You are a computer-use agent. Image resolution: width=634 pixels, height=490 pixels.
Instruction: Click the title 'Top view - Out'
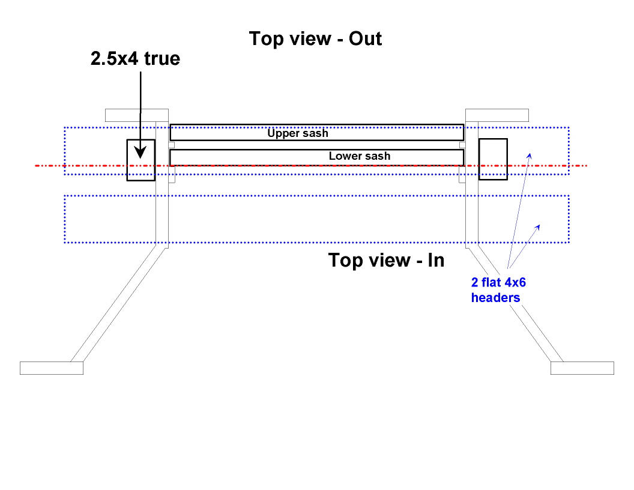pyautogui.click(x=316, y=39)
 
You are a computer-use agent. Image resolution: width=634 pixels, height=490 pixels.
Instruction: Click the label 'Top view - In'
pyautogui.click(x=387, y=261)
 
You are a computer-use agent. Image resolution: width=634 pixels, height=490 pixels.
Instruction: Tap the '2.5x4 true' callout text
pyautogui.click(x=135, y=59)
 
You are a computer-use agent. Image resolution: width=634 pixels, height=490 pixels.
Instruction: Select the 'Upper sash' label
pyautogui.click(x=298, y=133)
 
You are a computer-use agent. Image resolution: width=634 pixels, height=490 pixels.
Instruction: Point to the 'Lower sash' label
pyautogui.click(x=359, y=156)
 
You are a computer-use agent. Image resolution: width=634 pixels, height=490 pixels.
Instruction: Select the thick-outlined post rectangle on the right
pyautogui.click(x=493, y=159)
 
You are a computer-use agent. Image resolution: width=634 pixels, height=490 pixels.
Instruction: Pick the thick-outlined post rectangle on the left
pyautogui.click(x=140, y=160)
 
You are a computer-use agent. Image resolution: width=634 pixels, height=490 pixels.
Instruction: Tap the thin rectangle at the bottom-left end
pyautogui.click(x=51, y=368)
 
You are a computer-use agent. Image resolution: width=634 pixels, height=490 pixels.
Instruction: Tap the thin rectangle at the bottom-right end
pyautogui.click(x=582, y=368)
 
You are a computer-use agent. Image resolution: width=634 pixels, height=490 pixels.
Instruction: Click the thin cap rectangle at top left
pyautogui.click(x=136, y=115)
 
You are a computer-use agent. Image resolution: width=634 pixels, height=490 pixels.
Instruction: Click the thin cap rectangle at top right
pyautogui.click(x=497, y=115)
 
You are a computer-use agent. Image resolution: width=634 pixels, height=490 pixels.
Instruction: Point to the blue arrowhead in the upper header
pyautogui.click(x=529, y=156)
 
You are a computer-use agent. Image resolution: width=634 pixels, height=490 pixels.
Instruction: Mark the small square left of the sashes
pyautogui.click(x=171, y=145)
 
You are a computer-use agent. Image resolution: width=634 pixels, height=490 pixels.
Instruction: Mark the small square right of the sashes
pyautogui.click(x=462, y=145)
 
